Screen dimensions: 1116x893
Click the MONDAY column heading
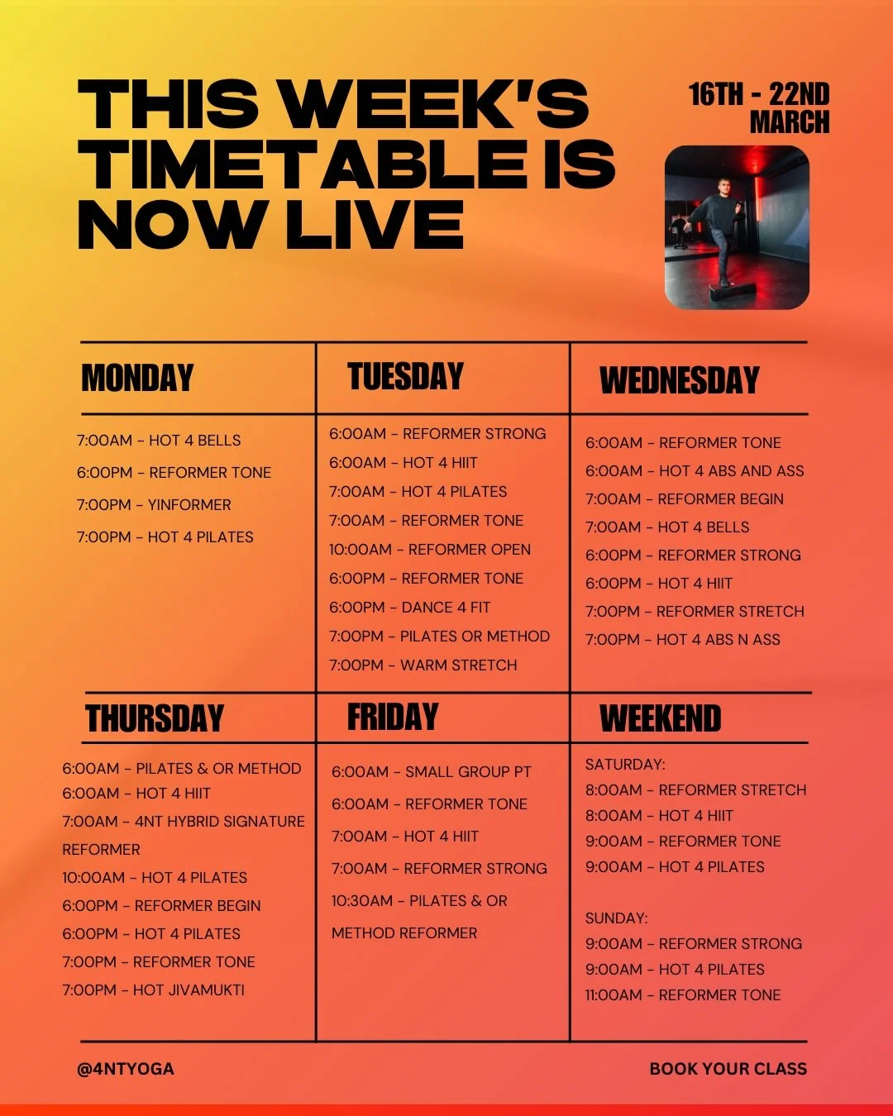point(137,378)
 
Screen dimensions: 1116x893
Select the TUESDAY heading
point(405,376)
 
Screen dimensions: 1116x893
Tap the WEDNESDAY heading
point(679,380)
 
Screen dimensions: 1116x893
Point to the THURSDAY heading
point(155,718)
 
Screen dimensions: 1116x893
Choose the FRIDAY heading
point(393,717)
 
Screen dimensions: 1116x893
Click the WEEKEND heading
point(660,718)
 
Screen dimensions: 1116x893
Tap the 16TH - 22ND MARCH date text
point(759,107)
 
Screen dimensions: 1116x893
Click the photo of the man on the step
point(737,227)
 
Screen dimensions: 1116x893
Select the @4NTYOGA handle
point(126,1069)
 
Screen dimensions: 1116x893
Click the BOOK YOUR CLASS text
point(728,1069)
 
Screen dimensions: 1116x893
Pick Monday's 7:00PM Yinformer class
point(154,504)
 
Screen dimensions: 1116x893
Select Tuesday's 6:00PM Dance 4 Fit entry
point(410,608)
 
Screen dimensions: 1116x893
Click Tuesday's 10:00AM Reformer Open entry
point(430,550)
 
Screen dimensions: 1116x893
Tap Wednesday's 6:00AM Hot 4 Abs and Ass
point(695,471)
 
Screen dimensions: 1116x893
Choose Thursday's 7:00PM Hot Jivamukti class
point(154,990)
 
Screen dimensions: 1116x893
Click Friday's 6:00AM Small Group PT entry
point(431,772)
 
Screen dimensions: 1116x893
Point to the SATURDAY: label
point(625,765)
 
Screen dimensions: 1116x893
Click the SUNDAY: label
point(617,918)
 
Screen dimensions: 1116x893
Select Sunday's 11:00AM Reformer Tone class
point(683,995)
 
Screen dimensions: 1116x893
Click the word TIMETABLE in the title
point(306,164)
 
